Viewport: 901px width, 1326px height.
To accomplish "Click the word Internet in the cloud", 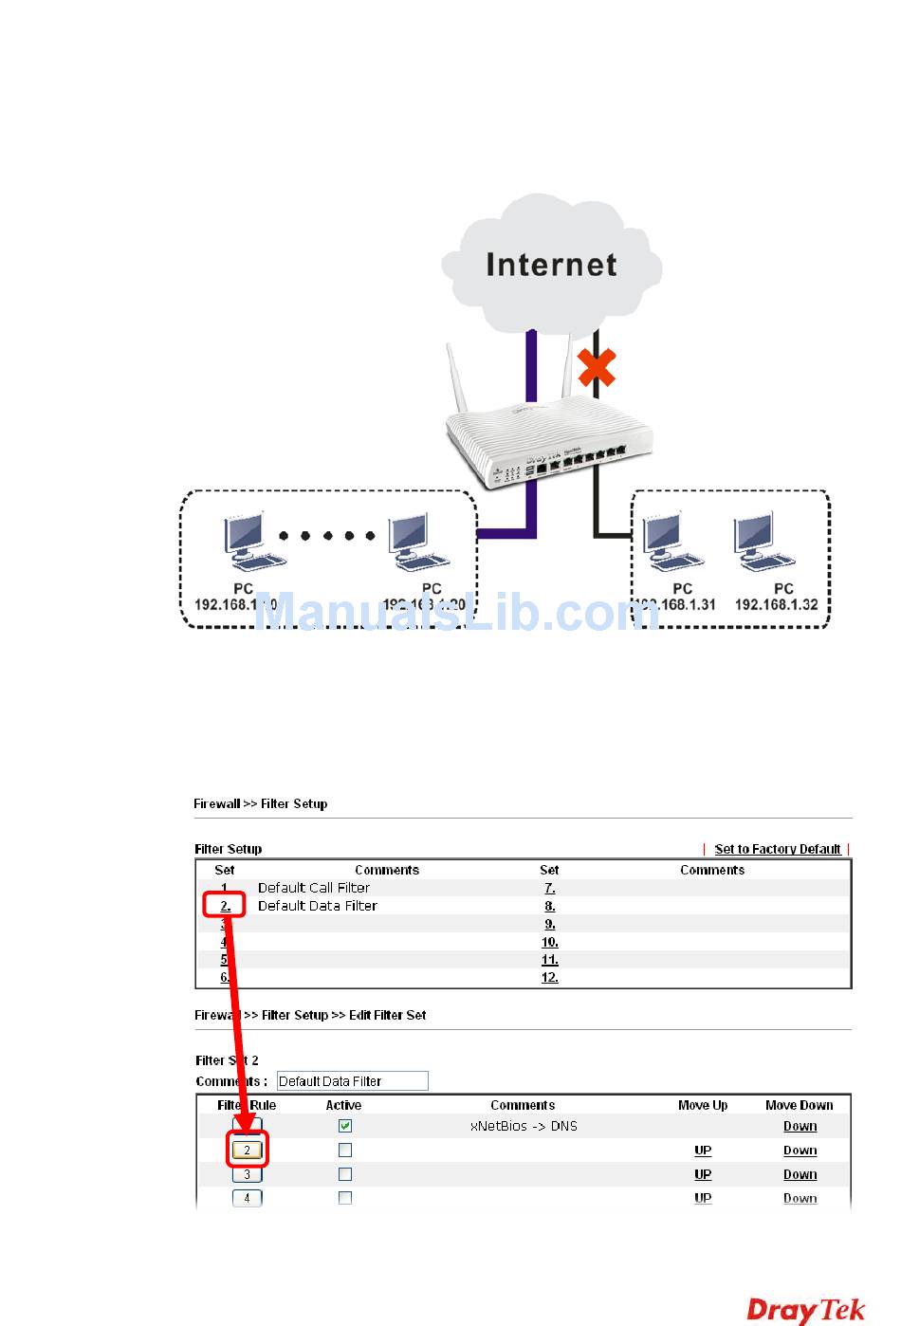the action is (551, 265).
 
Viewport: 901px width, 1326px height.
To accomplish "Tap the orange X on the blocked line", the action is (597, 368).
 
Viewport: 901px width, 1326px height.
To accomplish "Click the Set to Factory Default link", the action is (777, 849).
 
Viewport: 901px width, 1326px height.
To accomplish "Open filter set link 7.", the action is (549, 888).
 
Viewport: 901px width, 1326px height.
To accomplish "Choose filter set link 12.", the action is (549, 977).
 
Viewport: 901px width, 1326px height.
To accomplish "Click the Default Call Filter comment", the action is (314, 888).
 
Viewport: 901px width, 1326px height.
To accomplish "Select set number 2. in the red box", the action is (226, 906).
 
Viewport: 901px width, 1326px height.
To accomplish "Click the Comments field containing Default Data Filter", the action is (352, 1081).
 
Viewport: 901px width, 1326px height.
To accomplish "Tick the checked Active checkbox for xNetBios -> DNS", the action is (345, 1126).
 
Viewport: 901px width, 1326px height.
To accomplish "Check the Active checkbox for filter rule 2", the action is (345, 1150).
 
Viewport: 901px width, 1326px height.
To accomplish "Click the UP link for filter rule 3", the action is (703, 1174).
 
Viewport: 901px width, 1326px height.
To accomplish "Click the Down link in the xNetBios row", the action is (800, 1126).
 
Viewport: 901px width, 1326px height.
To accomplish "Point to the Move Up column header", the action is (703, 1105).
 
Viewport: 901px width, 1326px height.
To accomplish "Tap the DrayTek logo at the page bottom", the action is (806, 1310).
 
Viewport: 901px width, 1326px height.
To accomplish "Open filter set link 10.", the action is (549, 942).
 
